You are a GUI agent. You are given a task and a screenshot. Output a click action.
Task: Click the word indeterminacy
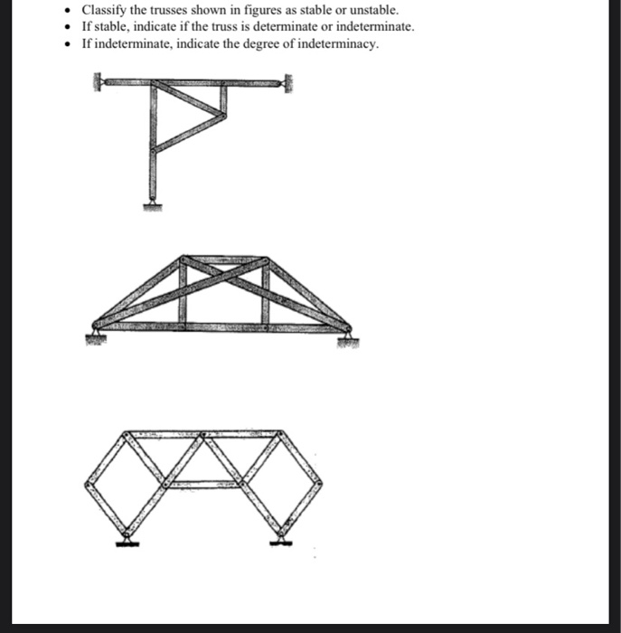(x=336, y=44)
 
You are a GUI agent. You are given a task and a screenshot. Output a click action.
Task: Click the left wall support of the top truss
(x=97, y=84)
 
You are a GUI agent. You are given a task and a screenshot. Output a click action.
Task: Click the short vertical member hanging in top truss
(x=221, y=101)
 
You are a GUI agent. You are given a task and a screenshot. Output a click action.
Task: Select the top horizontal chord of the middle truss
(x=223, y=260)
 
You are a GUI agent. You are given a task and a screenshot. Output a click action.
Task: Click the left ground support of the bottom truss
(x=127, y=542)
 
